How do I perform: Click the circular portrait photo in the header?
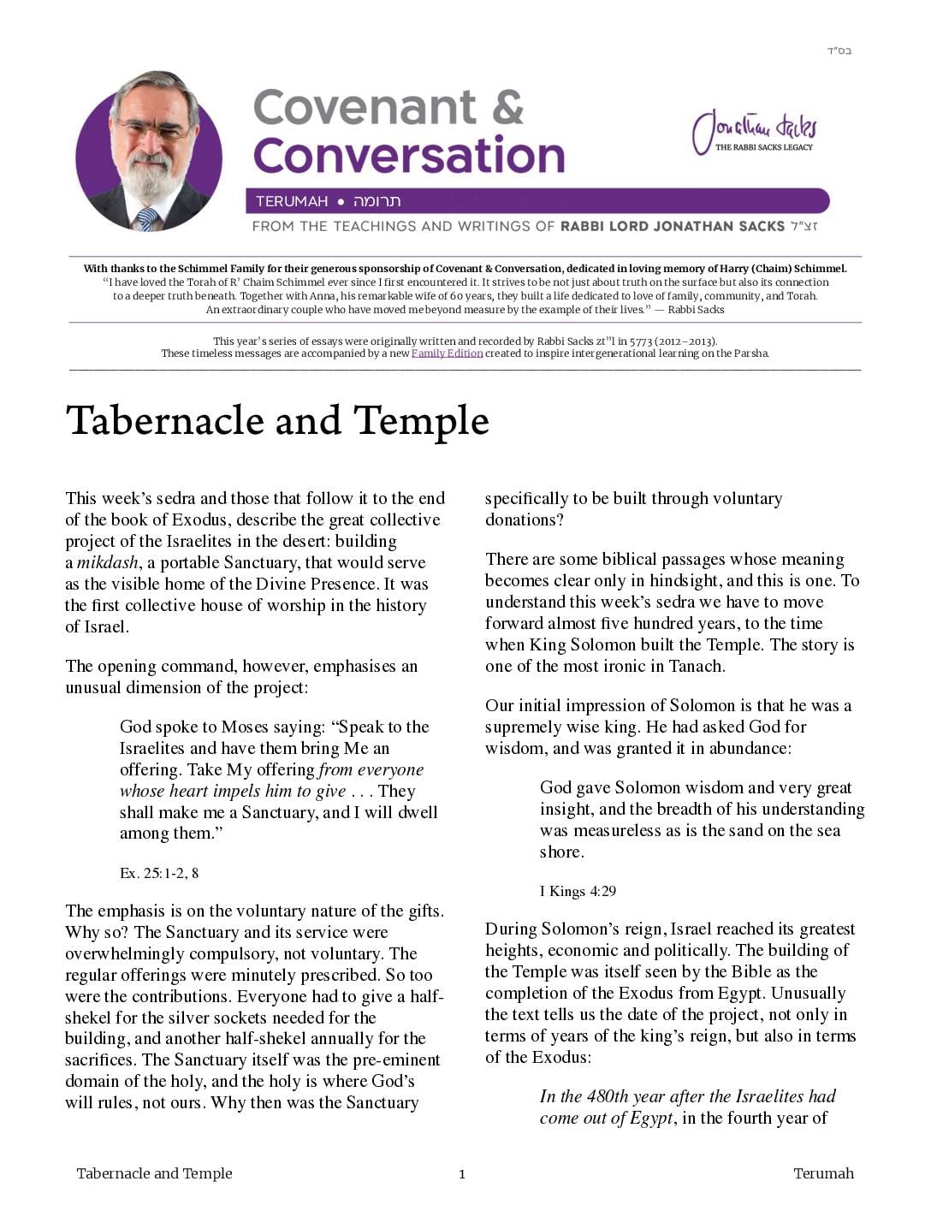click(x=149, y=151)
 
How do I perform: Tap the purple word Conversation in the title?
click(x=409, y=156)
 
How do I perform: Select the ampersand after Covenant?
click(x=507, y=108)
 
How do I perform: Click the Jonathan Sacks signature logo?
click(x=754, y=132)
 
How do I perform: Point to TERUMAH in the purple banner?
click(x=292, y=202)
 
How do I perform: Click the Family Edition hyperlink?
click(x=447, y=353)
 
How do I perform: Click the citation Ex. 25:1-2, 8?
click(x=159, y=873)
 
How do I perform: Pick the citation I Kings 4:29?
click(x=578, y=891)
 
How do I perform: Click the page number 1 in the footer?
click(x=462, y=1174)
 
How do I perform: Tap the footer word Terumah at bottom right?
click(x=823, y=1173)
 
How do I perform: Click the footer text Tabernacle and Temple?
click(x=154, y=1173)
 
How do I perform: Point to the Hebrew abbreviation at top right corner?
click(x=839, y=50)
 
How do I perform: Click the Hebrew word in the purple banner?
click(x=377, y=202)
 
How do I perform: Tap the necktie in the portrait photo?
click(x=147, y=219)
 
